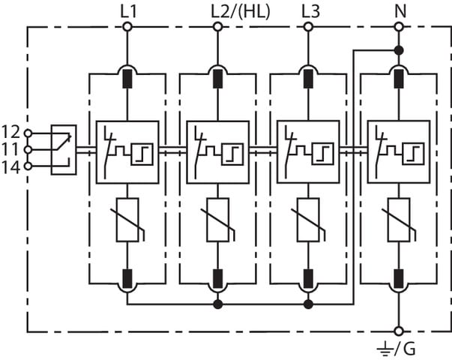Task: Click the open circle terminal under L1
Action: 127,28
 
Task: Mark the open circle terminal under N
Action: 398,28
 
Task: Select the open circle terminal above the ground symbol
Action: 398,331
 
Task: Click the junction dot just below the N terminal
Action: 398,50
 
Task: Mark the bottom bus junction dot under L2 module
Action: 217,304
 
